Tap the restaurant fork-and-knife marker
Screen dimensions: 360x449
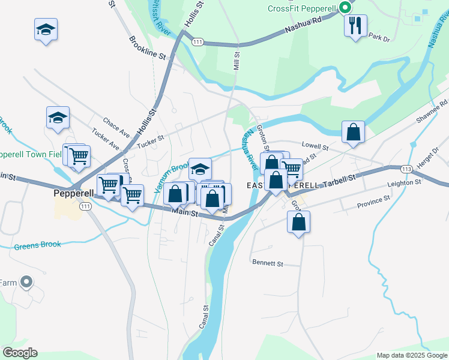pyautogui.click(x=355, y=26)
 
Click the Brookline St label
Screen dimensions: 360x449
pyautogui.click(x=146, y=47)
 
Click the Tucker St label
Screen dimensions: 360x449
pyautogui.click(x=150, y=142)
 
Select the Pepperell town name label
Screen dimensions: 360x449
pyautogui.click(x=72, y=194)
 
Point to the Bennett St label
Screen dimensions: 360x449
pyautogui.click(x=268, y=263)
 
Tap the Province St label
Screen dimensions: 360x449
pyautogui.click(x=373, y=200)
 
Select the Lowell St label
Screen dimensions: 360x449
pyautogui.click(x=315, y=146)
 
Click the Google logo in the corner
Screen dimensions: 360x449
pyautogui.click(x=20, y=353)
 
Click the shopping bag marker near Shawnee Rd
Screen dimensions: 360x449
pyautogui.click(x=354, y=133)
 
